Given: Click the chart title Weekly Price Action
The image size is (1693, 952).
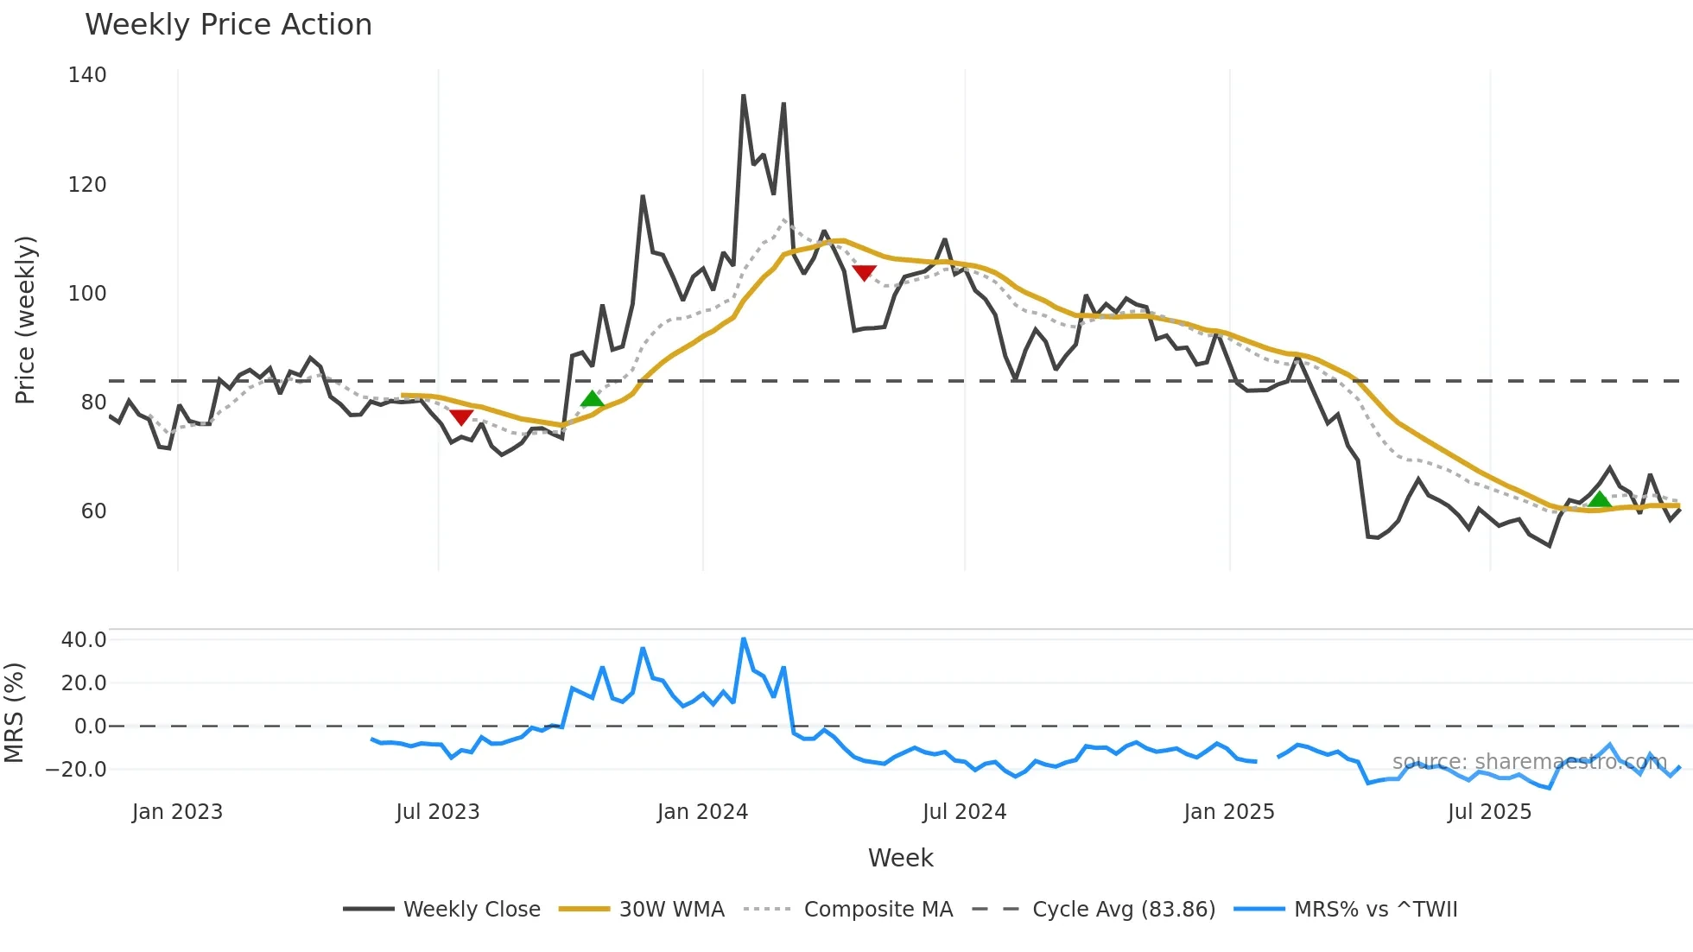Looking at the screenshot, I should coord(228,25).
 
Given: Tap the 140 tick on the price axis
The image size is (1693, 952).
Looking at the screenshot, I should coord(87,75).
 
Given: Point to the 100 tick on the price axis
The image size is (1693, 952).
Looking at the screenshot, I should coord(87,294).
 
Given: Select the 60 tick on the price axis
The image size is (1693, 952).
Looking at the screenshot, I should coord(93,511).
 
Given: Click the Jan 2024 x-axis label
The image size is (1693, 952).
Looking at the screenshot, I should coord(702,812).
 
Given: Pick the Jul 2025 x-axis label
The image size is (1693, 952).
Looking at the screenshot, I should coord(1489,812).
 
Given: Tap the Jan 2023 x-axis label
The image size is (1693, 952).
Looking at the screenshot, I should coord(177,812).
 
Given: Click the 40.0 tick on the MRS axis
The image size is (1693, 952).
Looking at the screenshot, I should coord(84,640).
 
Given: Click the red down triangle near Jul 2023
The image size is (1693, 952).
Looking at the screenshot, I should coord(461,417).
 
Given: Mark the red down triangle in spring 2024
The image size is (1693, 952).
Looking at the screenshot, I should coord(864,273).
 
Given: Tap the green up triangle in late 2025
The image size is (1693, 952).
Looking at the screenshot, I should coord(1600,499).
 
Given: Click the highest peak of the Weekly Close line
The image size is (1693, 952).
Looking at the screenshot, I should coord(743,96).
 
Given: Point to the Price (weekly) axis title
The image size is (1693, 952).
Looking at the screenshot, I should coord(25,320).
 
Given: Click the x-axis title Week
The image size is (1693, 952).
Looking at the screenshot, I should coord(900,858).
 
